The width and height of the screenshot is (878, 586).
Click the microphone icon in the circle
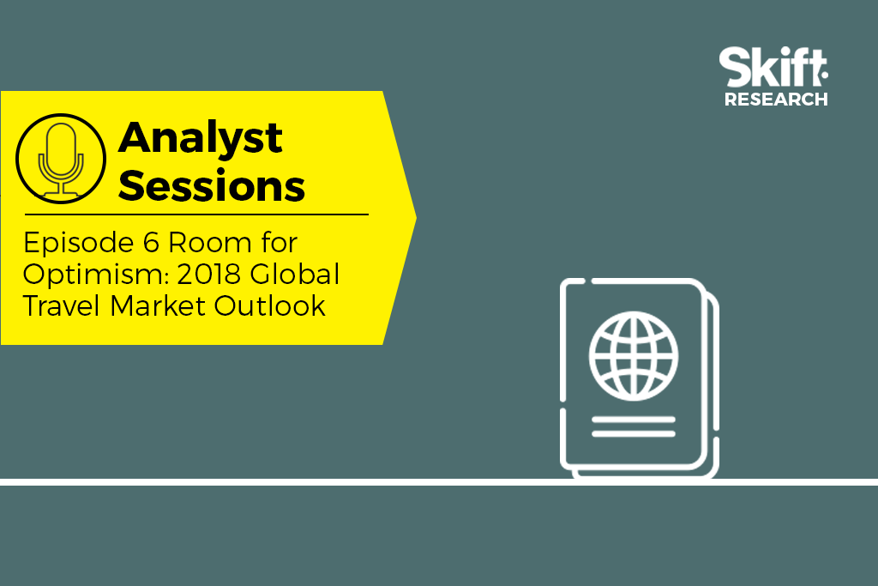61,159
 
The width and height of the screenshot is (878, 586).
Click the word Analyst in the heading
200,138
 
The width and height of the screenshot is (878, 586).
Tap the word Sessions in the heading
211,185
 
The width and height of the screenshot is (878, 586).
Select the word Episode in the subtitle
79,244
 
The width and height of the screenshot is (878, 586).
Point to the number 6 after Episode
151,243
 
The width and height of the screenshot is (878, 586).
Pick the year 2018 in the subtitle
209,275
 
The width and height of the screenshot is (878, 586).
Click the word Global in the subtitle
295,274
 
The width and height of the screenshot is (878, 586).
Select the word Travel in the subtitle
62,306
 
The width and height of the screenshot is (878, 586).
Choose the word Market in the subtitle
158,306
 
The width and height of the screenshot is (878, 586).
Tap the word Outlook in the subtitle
270,306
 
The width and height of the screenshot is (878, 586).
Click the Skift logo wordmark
773,67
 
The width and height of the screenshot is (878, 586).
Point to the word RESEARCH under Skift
776,100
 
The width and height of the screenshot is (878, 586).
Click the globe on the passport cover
634,356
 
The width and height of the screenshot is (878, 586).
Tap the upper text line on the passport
634,419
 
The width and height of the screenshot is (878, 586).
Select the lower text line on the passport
634,433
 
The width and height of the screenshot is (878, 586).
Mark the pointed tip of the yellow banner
416,217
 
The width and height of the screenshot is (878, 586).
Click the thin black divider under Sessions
196,214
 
